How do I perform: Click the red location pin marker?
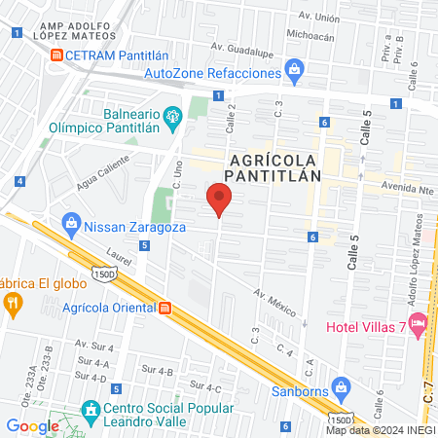click(x=219, y=201)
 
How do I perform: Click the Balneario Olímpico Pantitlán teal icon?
click(x=173, y=118)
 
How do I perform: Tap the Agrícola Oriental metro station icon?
click(x=164, y=309)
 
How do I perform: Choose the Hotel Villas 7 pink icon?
click(x=419, y=321)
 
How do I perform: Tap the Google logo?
click(x=32, y=425)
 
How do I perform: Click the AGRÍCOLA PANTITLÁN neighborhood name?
click(x=273, y=166)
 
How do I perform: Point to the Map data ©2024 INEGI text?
click(x=381, y=430)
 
